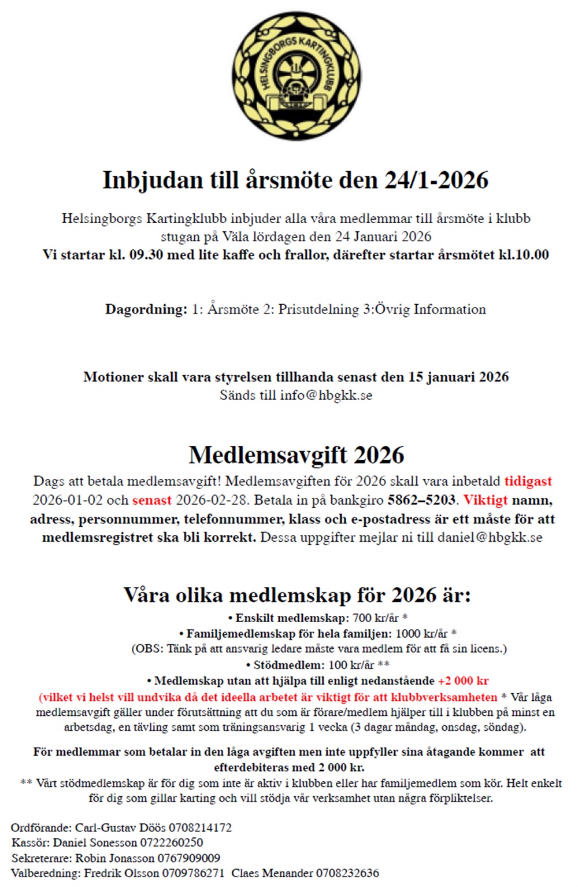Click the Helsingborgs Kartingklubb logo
tap(297, 76)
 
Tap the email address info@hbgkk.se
tap(326, 395)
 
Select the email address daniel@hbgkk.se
tap(490, 537)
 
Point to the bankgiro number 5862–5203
tap(421, 500)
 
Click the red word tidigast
tap(528, 481)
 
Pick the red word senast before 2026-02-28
tap(152, 500)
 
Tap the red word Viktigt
tap(486, 500)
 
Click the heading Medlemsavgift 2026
tap(296, 455)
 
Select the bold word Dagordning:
tap(146, 309)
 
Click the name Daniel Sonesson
tap(95, 842)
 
